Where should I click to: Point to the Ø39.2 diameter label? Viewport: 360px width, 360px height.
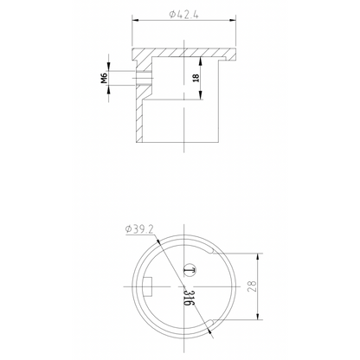tap(140, 228)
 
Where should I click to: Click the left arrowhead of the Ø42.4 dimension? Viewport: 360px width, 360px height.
tap(134, 22)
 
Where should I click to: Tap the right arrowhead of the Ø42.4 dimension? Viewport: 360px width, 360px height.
tap(235, 22)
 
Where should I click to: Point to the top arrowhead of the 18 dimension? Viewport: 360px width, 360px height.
tap(202, 60)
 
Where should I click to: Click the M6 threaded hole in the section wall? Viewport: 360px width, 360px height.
tap(144, 78)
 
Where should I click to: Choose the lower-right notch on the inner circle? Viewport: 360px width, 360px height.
tap(213, 323)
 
